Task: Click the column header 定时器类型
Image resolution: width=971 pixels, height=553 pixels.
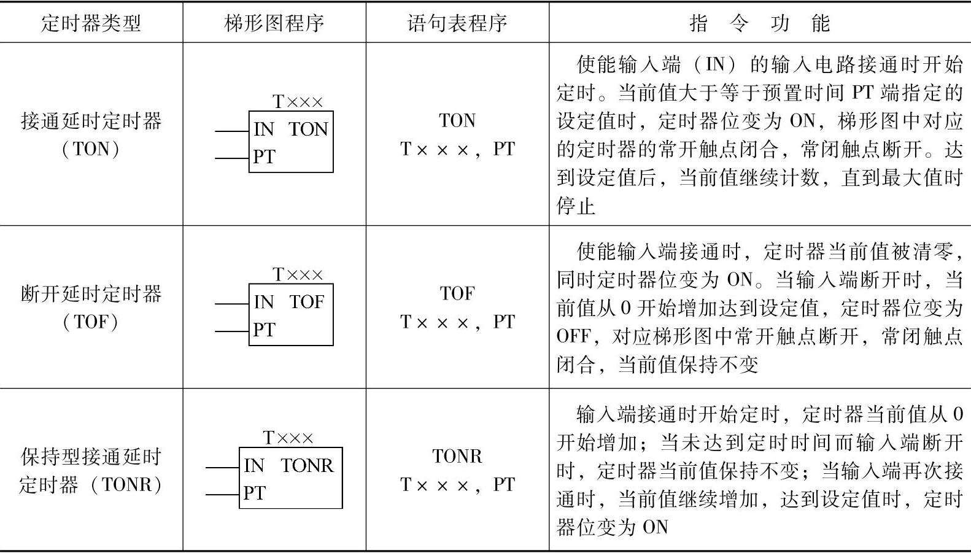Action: (x=91, y=23)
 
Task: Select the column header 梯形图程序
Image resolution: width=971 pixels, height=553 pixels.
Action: (x=274, y=23)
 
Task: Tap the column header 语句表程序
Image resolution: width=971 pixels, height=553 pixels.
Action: (x=457, y=23)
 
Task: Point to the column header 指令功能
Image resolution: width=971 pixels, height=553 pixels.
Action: (x=759, y=23)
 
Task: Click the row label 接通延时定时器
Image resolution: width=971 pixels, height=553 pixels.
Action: (x=91, y=121)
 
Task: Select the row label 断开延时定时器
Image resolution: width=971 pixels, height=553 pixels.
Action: (x=91, y=294)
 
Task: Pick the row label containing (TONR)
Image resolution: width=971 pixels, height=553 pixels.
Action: (x=91, y=485)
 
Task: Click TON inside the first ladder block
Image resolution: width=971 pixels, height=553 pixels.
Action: (x=308, y=130)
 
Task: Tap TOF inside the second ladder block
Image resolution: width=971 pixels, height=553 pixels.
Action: (x=306, y=302)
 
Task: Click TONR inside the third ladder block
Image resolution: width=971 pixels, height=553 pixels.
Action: (x=307, y=466)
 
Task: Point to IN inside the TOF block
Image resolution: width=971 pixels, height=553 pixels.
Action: (x=263, y=302)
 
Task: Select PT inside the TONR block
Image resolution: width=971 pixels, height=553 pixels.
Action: (x=254, y=493)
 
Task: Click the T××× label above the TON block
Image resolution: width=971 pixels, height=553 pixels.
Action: (x=297, y=101)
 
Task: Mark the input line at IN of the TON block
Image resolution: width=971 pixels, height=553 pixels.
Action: (x=231, y=131)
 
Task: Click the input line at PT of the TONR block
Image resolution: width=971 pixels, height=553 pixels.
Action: (x=222, y=495)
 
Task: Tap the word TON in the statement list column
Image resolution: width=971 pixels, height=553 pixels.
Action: (x=457, y=121)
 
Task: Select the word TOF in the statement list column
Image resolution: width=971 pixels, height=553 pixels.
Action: (x=457, y=294)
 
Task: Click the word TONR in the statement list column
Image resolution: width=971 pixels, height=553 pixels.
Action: (x=457, y=457)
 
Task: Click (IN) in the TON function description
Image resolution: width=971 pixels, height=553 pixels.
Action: (x=714, y=64)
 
